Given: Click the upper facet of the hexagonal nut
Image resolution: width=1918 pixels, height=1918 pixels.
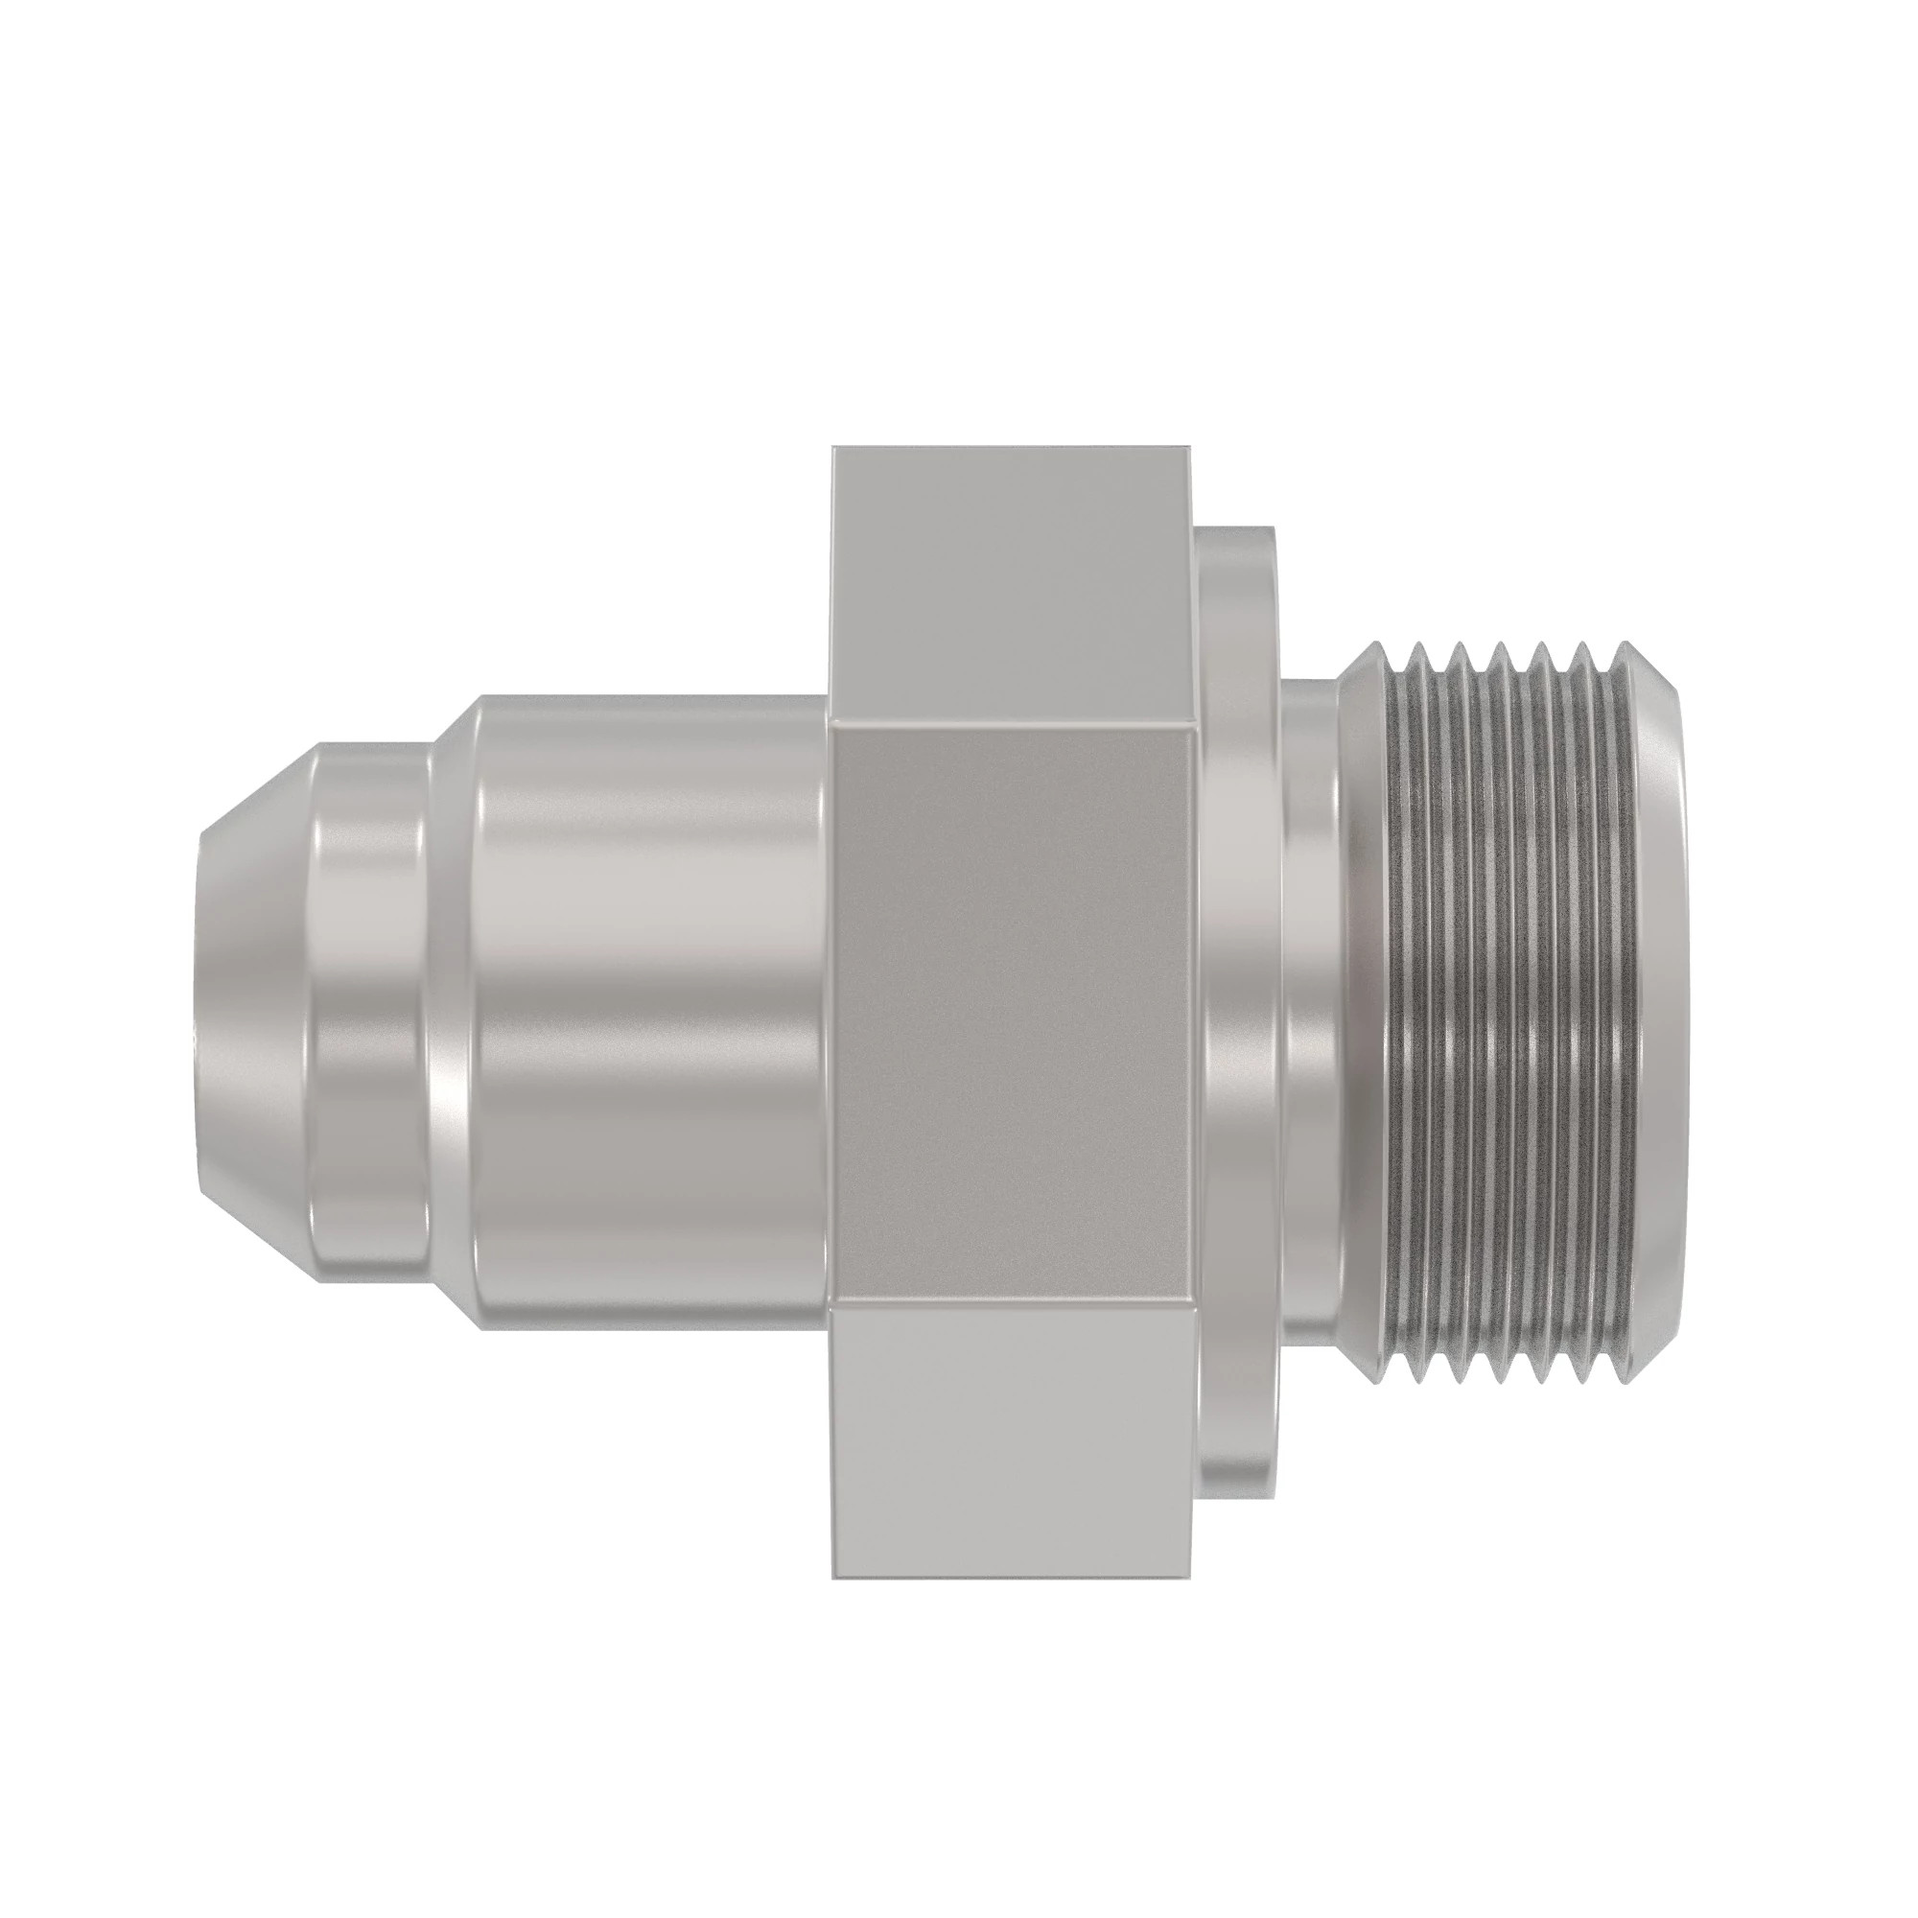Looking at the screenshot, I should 1013,586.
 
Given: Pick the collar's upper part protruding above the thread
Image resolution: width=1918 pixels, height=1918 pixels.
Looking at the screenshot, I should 1236,596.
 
